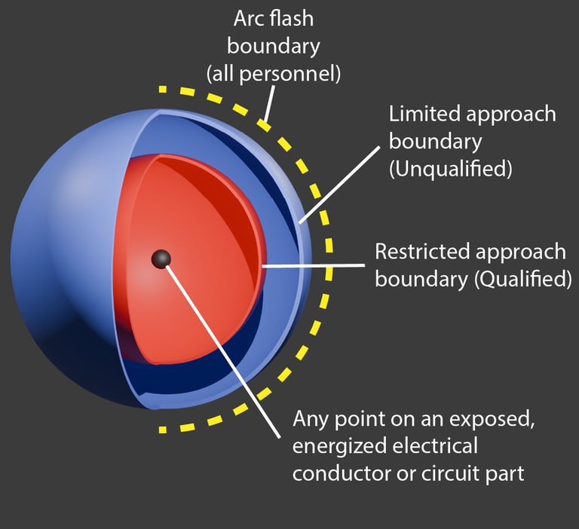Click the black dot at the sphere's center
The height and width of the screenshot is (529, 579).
tap(161, 259)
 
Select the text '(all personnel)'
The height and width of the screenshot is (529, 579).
tap(274, 74)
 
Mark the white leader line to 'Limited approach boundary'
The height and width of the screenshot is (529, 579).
tap(339, 181)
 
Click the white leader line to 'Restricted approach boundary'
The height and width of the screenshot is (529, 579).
tap(317, 265)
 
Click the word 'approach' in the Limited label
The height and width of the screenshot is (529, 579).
tap(510, 115)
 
